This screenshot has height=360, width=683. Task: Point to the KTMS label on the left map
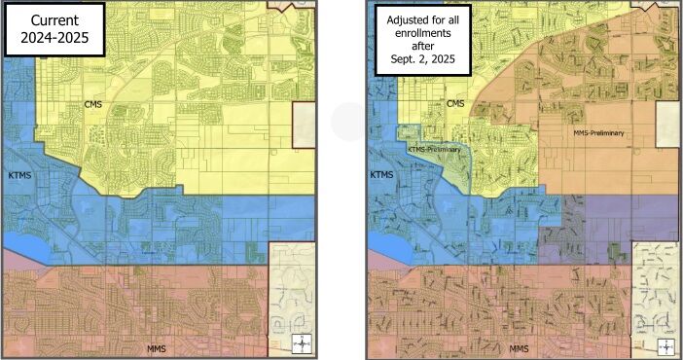point(19,176)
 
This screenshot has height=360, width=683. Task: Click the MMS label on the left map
point(158,347)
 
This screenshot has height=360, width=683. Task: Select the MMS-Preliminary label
point(597,133)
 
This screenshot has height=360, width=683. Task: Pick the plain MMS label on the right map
point(521,347)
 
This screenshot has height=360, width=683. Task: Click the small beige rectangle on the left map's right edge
point(305,126)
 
